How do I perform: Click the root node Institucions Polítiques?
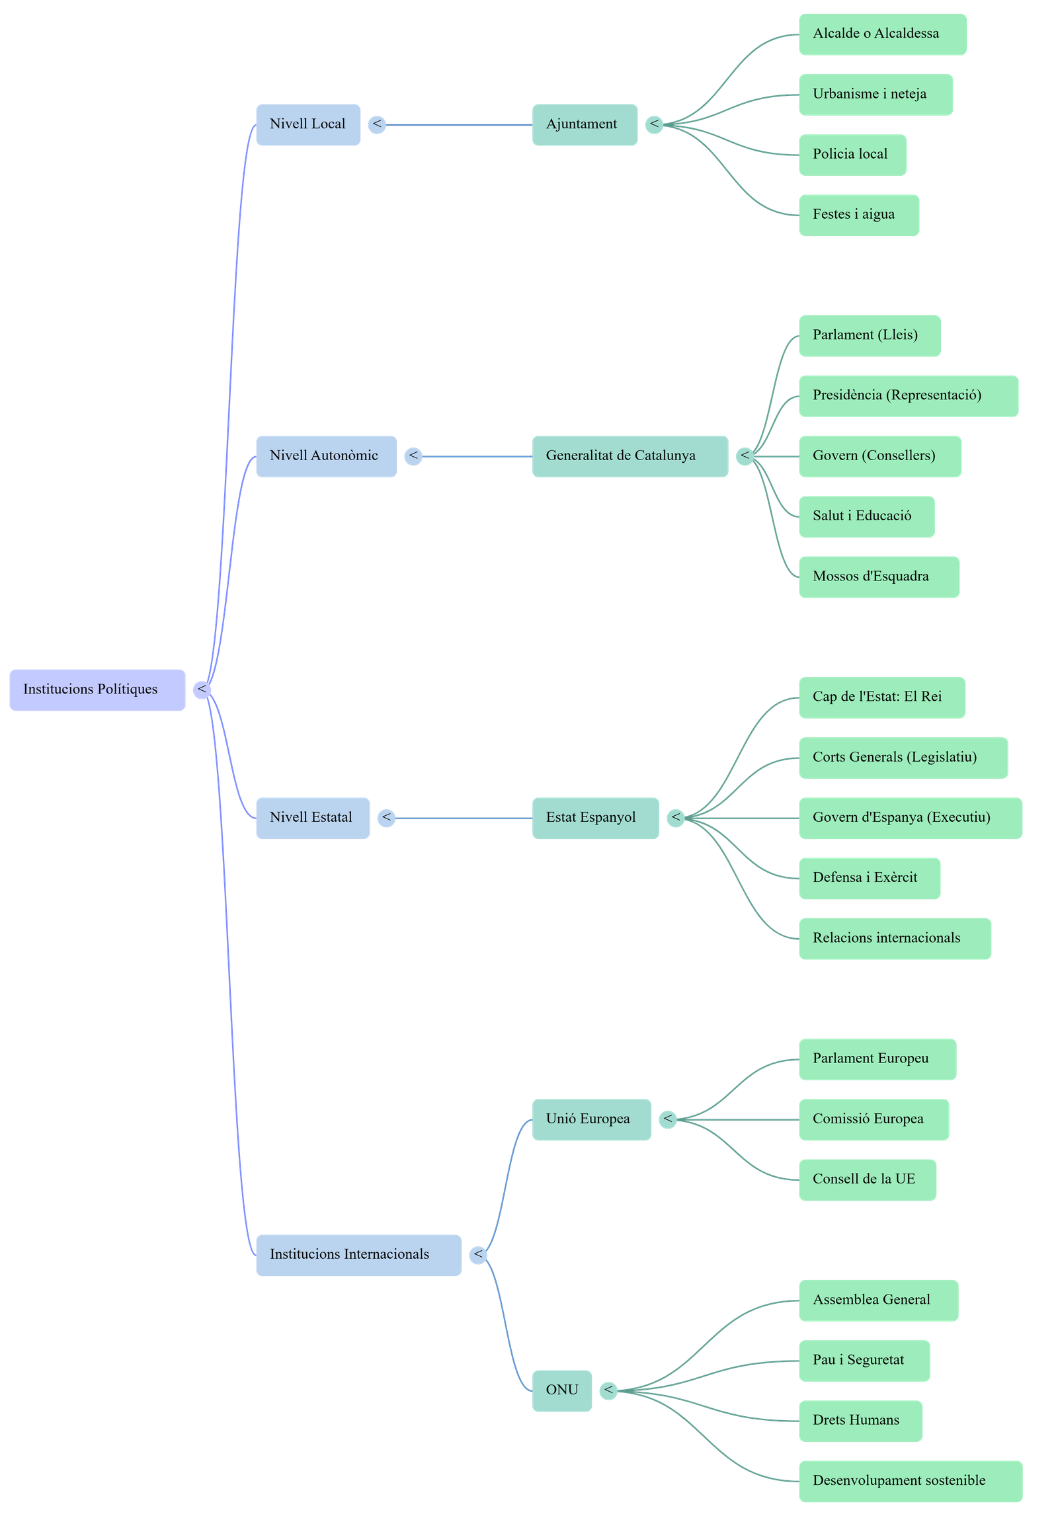pos(97,690)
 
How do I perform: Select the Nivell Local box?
pos(308,124)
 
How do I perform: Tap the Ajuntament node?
pos(585,124)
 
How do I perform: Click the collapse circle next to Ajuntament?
pos(654,124)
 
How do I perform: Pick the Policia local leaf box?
pos(852,155)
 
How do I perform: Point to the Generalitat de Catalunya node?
pos(630,456)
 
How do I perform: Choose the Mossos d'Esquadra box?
pos(878,577)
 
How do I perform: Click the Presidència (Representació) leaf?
pos(908,395)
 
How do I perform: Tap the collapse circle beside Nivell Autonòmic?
pos(413,456)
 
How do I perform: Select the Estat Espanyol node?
pos(595,818)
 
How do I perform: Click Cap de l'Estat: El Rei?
pos(881,697)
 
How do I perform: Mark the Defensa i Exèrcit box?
pos(869,878)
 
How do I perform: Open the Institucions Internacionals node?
pos(358,1255)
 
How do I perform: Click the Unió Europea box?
pos(591,1119)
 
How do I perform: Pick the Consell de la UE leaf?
pos(867,1179)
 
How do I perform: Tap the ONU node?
pos(561,1390)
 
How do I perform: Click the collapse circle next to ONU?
pos(608,1390)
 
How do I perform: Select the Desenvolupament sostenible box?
pos(910,1481)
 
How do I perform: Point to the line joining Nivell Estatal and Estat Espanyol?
pos(463,818)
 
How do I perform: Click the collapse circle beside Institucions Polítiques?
pos(202,690)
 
